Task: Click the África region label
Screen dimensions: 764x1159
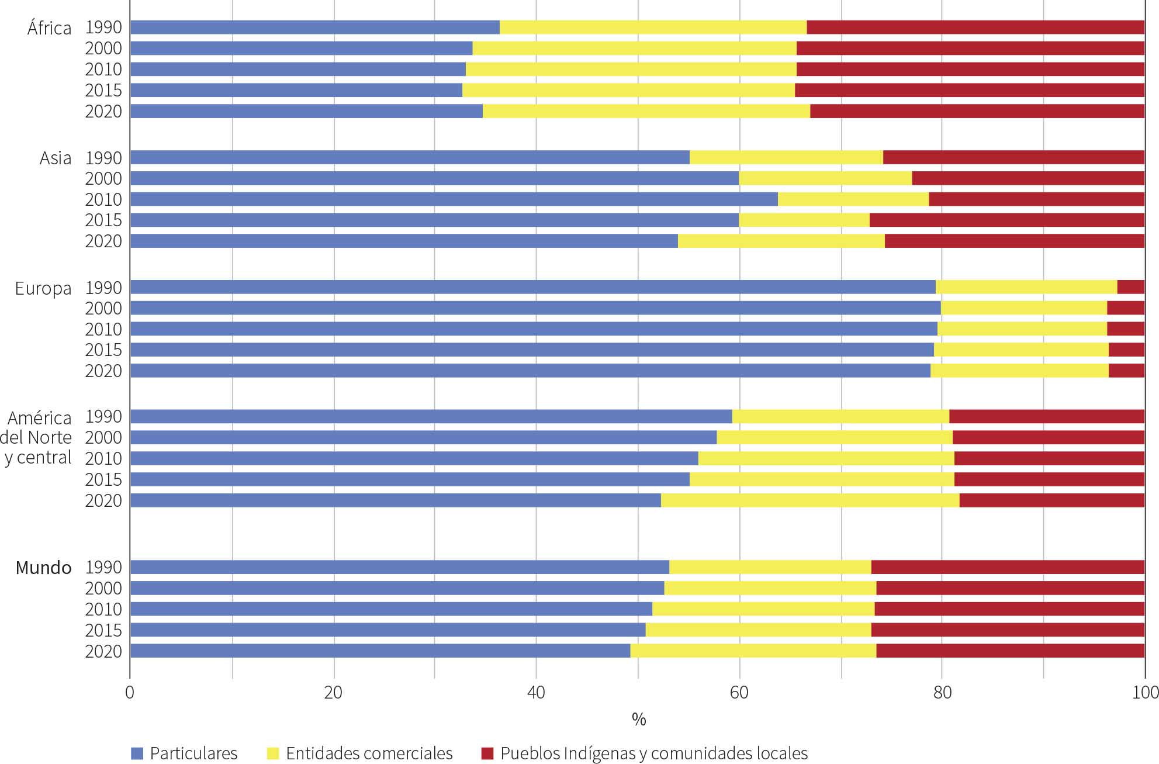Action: [49, 27]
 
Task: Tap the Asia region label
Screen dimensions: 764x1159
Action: [56, 158]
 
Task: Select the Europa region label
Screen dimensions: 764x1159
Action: [43, 288]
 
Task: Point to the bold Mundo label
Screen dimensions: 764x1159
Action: [43, 568]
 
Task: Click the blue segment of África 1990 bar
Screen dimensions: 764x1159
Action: [314, 27]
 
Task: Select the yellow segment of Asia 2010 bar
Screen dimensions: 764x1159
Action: [853, 199]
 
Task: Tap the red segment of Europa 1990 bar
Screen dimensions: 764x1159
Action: [1130, 287]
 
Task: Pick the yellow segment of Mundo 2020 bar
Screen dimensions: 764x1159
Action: [753, 651]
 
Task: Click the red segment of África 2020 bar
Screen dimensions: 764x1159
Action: [977, 111]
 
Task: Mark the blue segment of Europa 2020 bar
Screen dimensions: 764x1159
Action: [530, 371]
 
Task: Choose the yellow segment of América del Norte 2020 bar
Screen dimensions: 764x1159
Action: [809, 500]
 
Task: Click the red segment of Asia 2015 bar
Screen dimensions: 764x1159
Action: [1006, 220]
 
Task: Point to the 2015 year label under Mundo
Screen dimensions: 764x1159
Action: [103, 630]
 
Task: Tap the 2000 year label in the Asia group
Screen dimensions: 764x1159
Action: [103, 179]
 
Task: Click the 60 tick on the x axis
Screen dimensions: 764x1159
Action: [739, 693]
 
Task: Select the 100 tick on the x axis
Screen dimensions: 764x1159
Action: [1145, 693]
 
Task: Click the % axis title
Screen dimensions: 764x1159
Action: [638, 720]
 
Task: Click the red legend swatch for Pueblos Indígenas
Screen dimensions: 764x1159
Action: [487, 753]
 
